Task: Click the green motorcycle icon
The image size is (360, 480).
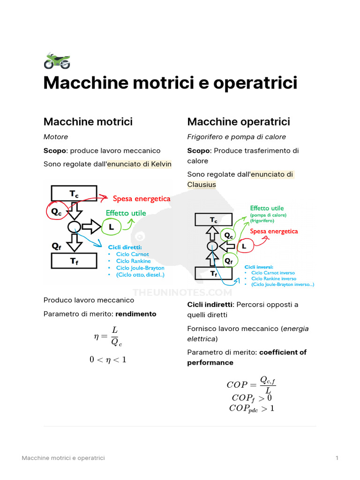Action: [57, 60]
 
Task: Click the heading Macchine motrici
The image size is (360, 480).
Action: [88, 121]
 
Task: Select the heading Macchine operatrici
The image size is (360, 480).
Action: [239, 121]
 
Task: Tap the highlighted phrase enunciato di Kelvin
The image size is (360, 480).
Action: [139, 164]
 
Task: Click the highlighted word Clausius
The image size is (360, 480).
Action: [202, 185]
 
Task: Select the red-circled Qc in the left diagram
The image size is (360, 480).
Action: [57, 210]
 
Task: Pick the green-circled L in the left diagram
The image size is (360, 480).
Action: [112, 227]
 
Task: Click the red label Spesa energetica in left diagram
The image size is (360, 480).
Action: [142, 199]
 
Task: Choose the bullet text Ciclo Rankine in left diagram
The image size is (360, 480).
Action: [134, 261]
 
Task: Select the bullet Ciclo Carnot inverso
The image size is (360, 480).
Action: [273, 273]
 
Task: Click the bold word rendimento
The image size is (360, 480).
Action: [136, 314]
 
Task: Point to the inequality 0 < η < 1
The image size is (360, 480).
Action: [108, 360]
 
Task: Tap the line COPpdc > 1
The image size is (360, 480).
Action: [252, 408]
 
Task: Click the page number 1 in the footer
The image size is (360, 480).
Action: [337, 458]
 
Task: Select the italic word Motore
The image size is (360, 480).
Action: [56, 137]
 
